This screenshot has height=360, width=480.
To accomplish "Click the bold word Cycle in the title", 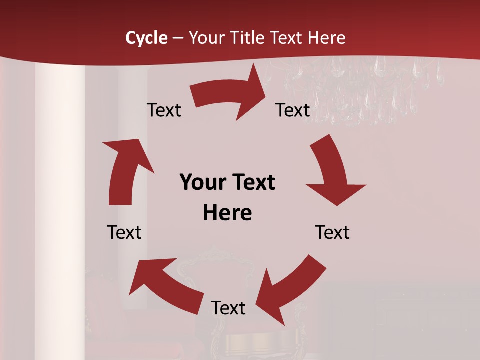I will tap(146, 38).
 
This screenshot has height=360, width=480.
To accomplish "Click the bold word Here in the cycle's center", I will tap(227, 213).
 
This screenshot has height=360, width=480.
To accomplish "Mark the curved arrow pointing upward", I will tap(125, 170).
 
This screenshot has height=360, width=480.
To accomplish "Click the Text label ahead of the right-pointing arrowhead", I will tap(293, 110).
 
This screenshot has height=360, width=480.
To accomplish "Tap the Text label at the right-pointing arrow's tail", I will tap(164, 110).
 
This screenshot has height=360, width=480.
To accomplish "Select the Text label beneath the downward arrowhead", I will tap(332, 232).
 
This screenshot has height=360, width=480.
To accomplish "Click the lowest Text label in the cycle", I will tap(228, 308).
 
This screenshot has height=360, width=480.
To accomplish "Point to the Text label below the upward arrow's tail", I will tap(124, 232).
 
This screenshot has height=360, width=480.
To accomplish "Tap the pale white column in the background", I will tap(60, 200).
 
